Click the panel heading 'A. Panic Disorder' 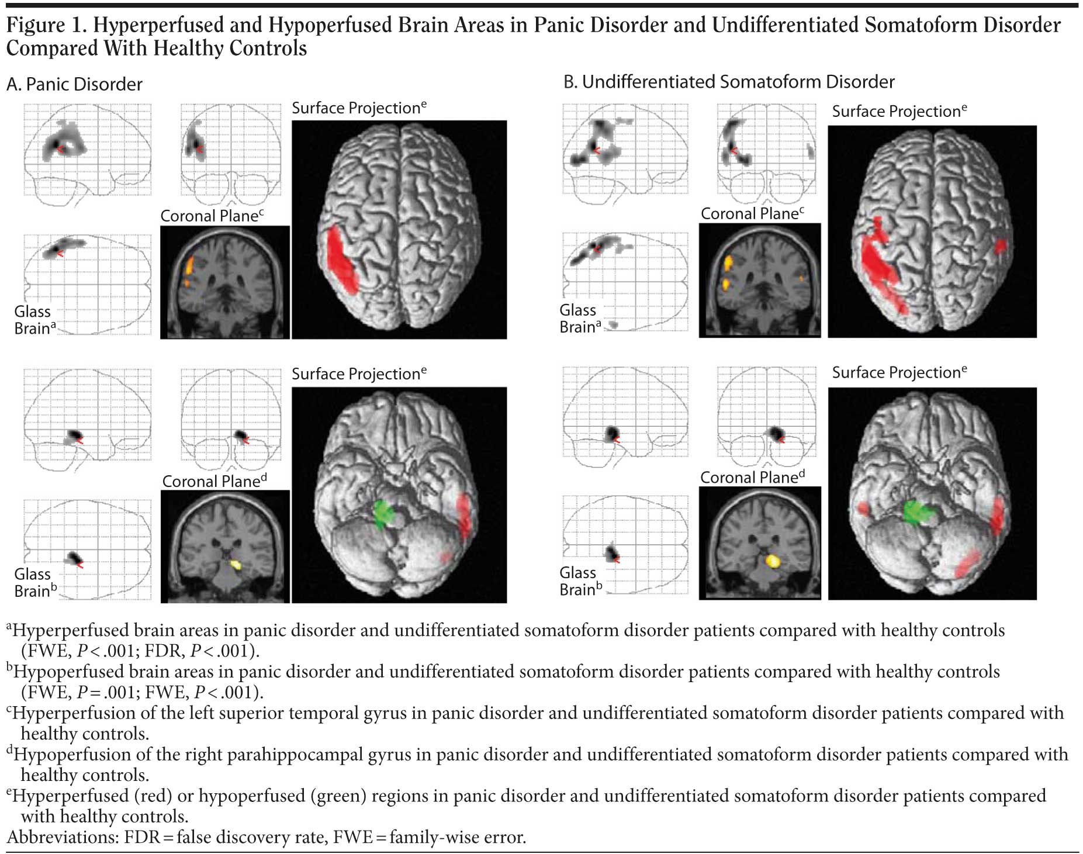tap(74, 84)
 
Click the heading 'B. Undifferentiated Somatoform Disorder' tap(729, 82)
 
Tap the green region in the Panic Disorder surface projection tap(385, 513)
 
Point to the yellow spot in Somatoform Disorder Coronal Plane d tap(773, 561)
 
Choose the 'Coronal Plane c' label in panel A tap(212, 216)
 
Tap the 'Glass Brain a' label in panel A tap(34, 320)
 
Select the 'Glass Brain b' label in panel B tap(580, 581)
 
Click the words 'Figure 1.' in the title tap(44, 25)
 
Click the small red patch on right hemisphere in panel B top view tap(1001, 246)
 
